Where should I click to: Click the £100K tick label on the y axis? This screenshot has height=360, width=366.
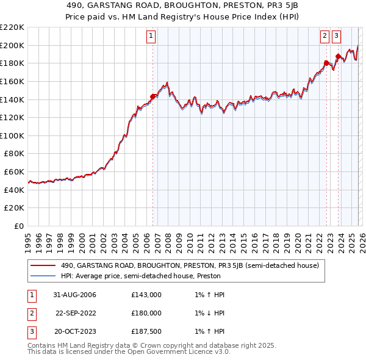[x=12, y=135]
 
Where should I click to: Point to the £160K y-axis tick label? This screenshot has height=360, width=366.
[x=12, y=81]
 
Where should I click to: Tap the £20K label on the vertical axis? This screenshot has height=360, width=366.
[x=14, y=208]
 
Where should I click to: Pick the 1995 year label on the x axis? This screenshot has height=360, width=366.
[x=28, y=238]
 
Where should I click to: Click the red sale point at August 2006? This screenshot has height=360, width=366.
[x=153, y=96]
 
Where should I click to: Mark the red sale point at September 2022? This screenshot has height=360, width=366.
[x=326, y=62]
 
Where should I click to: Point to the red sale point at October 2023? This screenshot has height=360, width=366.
[x=338, y=56]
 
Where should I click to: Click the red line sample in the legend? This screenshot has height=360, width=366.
[x=43, y=265]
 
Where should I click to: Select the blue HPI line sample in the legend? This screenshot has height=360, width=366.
[x=43, y=276]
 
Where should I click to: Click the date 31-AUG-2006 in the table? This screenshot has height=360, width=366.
[x=76, y=295]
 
